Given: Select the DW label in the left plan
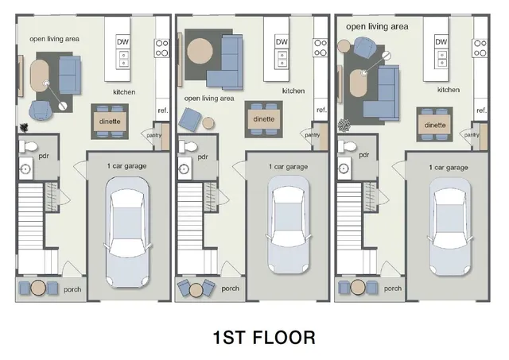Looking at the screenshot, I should click(123, 41).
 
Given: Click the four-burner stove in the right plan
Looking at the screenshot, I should click(480, 47).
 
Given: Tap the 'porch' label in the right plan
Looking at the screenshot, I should click(392, 288).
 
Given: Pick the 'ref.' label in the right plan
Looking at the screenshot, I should click(481, 110).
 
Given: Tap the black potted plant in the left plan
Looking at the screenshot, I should click(24, 127).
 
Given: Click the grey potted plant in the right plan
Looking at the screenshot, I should click(344, 125).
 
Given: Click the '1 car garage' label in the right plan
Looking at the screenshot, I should click(448, 168).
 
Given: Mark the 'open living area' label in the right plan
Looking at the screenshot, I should click(377, 26).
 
